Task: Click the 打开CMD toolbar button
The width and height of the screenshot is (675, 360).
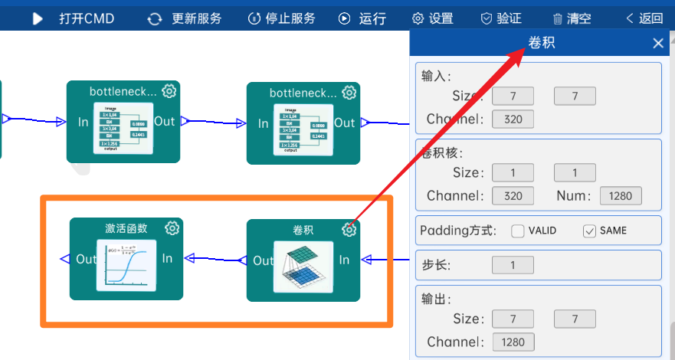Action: click(74, 18)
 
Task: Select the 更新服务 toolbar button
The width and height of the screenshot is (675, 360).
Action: click(185, 18)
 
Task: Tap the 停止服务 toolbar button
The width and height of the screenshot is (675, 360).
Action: click(281, 18)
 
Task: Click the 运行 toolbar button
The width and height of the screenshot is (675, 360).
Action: click(362, 18)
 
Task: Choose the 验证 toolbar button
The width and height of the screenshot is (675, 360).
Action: click(501, 18)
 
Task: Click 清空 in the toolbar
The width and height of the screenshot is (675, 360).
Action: click(571, 18)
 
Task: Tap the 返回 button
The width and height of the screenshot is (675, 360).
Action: click(644, 18)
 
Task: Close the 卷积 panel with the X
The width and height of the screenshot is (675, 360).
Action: click(658, 43)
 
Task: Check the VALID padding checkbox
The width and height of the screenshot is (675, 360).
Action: click(518, 231)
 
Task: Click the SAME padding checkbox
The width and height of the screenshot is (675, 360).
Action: click(589, 231)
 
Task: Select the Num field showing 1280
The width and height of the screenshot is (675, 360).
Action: click(621, 195)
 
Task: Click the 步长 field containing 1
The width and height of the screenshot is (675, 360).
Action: click(513, 266)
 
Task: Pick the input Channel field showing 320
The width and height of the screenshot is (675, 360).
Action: click(513, 119)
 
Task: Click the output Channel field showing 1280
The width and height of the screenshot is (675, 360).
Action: click(513, 342)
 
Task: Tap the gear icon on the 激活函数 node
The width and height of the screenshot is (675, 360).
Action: click(172, 228)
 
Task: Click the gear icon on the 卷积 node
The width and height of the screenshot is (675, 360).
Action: click(349, 229)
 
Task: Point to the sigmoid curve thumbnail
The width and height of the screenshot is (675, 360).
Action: click(126, 265)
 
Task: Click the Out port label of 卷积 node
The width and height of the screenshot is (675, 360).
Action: click(263, 260)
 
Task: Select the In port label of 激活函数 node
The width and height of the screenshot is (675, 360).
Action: click(167, 259)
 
